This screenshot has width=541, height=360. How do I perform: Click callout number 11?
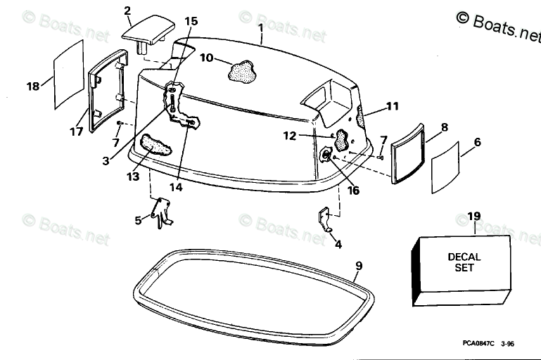392,107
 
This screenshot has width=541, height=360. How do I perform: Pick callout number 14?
175,187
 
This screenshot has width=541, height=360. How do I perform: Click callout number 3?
106,160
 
